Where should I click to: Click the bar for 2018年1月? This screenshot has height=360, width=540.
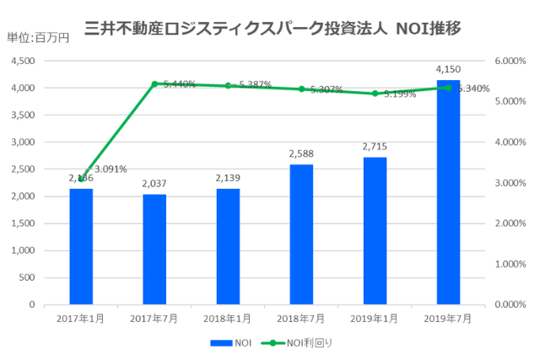(228, 246)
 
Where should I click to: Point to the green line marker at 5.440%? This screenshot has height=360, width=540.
(154, 83)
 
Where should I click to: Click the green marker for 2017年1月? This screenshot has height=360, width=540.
(81, 179)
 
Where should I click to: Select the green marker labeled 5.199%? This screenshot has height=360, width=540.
(375, 94)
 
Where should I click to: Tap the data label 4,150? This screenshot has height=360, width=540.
(448, 68)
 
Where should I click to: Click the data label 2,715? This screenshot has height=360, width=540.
(375, 147)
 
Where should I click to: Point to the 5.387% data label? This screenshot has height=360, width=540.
(254, 85)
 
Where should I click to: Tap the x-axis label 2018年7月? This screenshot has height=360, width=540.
(301, 319)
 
